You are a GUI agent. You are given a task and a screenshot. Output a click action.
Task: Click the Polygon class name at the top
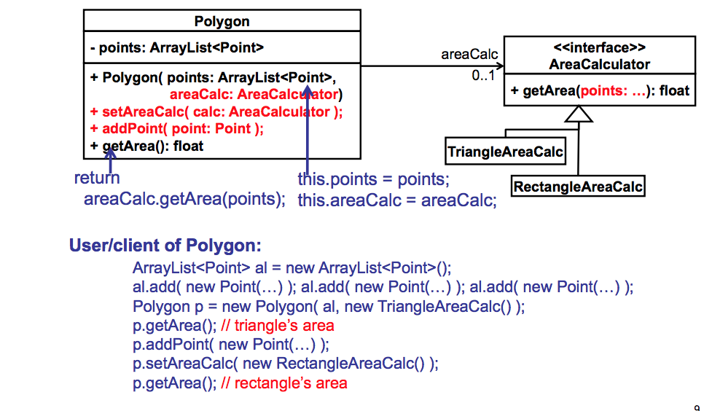pyautogui.click(x=222, y=21)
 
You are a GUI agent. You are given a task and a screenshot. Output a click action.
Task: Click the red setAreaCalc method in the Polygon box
pyautogui.click(x=216, y=111)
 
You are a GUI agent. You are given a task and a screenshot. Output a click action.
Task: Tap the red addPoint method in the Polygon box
pyautogui.click(x=176, y=128)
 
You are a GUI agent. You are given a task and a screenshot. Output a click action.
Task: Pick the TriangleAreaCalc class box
pyautogui.click(x=505, y=152)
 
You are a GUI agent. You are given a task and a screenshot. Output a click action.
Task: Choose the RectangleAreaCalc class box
pyautogui.click(x=578, y=187)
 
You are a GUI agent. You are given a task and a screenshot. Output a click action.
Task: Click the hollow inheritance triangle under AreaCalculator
pyautogui.click(x=579, y=114)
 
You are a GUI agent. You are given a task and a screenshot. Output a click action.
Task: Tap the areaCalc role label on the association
pyautogui.click(x=469, y=55)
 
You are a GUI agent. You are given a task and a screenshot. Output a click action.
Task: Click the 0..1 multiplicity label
pyautogui.click(x=482, y=76)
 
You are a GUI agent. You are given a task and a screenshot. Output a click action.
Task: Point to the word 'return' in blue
pyautogui.click(x=97, y=178)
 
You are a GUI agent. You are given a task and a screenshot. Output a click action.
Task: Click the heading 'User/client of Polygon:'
pyautogui.click(x=165, y=245)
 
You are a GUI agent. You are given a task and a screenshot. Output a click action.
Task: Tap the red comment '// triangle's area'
pyautogui.click(x=277, y=325)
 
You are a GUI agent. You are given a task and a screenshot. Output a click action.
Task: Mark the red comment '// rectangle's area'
pyautogui.click(x=283, y=383)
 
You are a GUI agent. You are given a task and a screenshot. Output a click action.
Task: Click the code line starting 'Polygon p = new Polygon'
pyautogui.click(x=328, y=306)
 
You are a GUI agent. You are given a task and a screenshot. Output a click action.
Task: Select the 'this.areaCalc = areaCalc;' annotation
pyautogui.click(x=396, y=200)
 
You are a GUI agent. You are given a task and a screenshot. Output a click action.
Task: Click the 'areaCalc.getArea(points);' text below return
pyautogui.click(x=185, y=200)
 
